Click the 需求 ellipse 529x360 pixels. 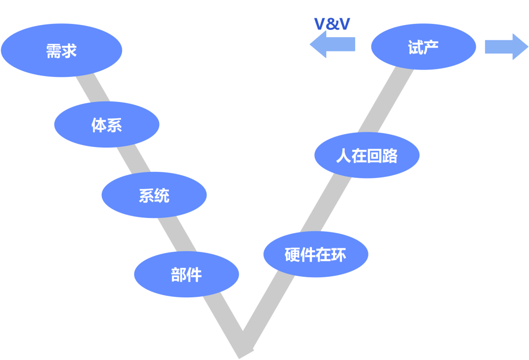coord(61,50)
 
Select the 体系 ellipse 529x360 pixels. coord(106,124)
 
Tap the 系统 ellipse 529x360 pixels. coord(154,195)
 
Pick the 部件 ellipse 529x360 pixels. coord(186,274)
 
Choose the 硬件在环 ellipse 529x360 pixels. coord(315,254)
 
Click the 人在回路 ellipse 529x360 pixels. coord(366,155)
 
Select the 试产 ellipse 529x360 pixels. coord(423,47)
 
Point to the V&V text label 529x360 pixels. coord(332,24)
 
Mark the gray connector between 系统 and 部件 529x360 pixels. coord(177,234)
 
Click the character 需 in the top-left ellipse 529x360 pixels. coord(53,50)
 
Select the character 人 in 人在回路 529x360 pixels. coord(344,156)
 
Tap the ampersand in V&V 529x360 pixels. coord(332,24)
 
